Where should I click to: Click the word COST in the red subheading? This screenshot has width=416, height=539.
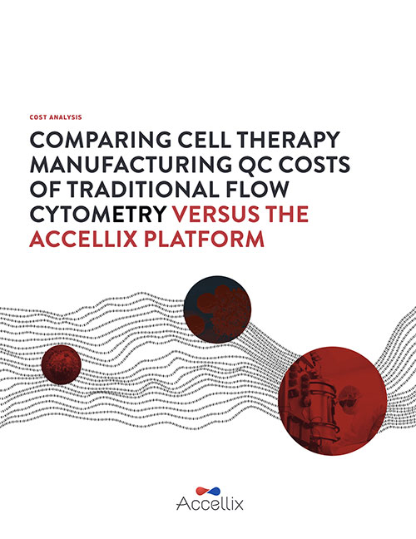point(38,117)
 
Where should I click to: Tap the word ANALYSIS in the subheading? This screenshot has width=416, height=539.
point(66,117)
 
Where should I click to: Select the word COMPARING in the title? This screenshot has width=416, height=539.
point(101,140)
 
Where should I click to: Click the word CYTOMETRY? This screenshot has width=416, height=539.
point(98,214)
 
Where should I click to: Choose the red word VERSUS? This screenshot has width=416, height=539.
point(216,214)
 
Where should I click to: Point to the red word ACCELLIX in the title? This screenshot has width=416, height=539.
point(83,240)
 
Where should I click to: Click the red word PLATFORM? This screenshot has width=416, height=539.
point(204,240)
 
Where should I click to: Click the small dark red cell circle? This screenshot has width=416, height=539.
point(62,364)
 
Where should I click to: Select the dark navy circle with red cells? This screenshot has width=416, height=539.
point(217,309)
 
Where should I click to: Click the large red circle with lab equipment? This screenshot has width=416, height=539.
point(333,401)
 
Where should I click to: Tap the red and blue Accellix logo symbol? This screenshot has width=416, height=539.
point(208,491)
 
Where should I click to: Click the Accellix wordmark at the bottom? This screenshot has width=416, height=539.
point(210,504)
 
